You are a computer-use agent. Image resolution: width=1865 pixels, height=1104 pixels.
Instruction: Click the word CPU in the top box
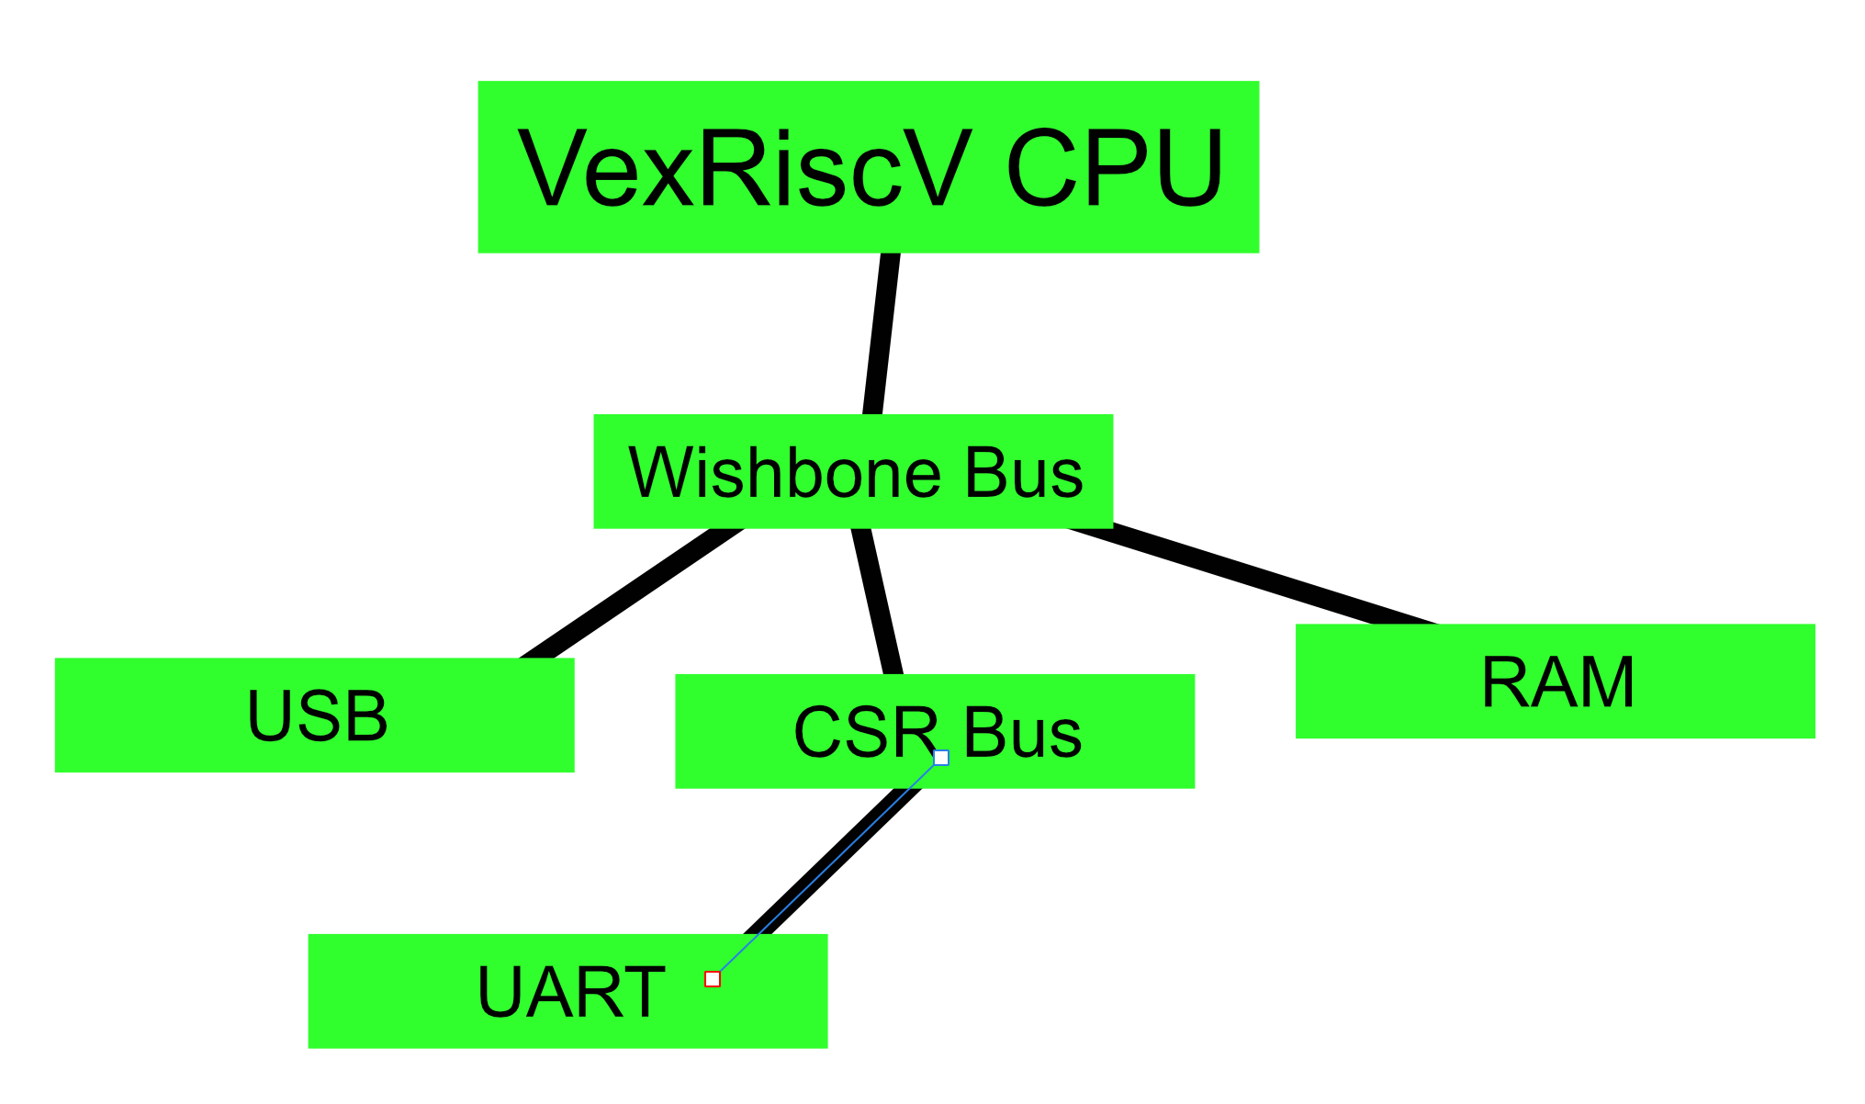coord(1115,170)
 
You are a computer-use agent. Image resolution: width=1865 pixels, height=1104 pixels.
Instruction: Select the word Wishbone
coord(784,473)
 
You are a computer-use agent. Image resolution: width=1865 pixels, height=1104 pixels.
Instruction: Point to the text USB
coord(317,716)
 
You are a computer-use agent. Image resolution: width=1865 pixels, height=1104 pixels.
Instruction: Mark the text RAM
coord(1557,682)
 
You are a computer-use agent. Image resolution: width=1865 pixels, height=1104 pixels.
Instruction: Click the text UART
coord(570,993)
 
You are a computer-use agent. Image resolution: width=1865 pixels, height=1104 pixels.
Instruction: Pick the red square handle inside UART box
coord(713,979)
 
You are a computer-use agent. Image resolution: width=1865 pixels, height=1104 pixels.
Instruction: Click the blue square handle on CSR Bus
coord(941,758)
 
